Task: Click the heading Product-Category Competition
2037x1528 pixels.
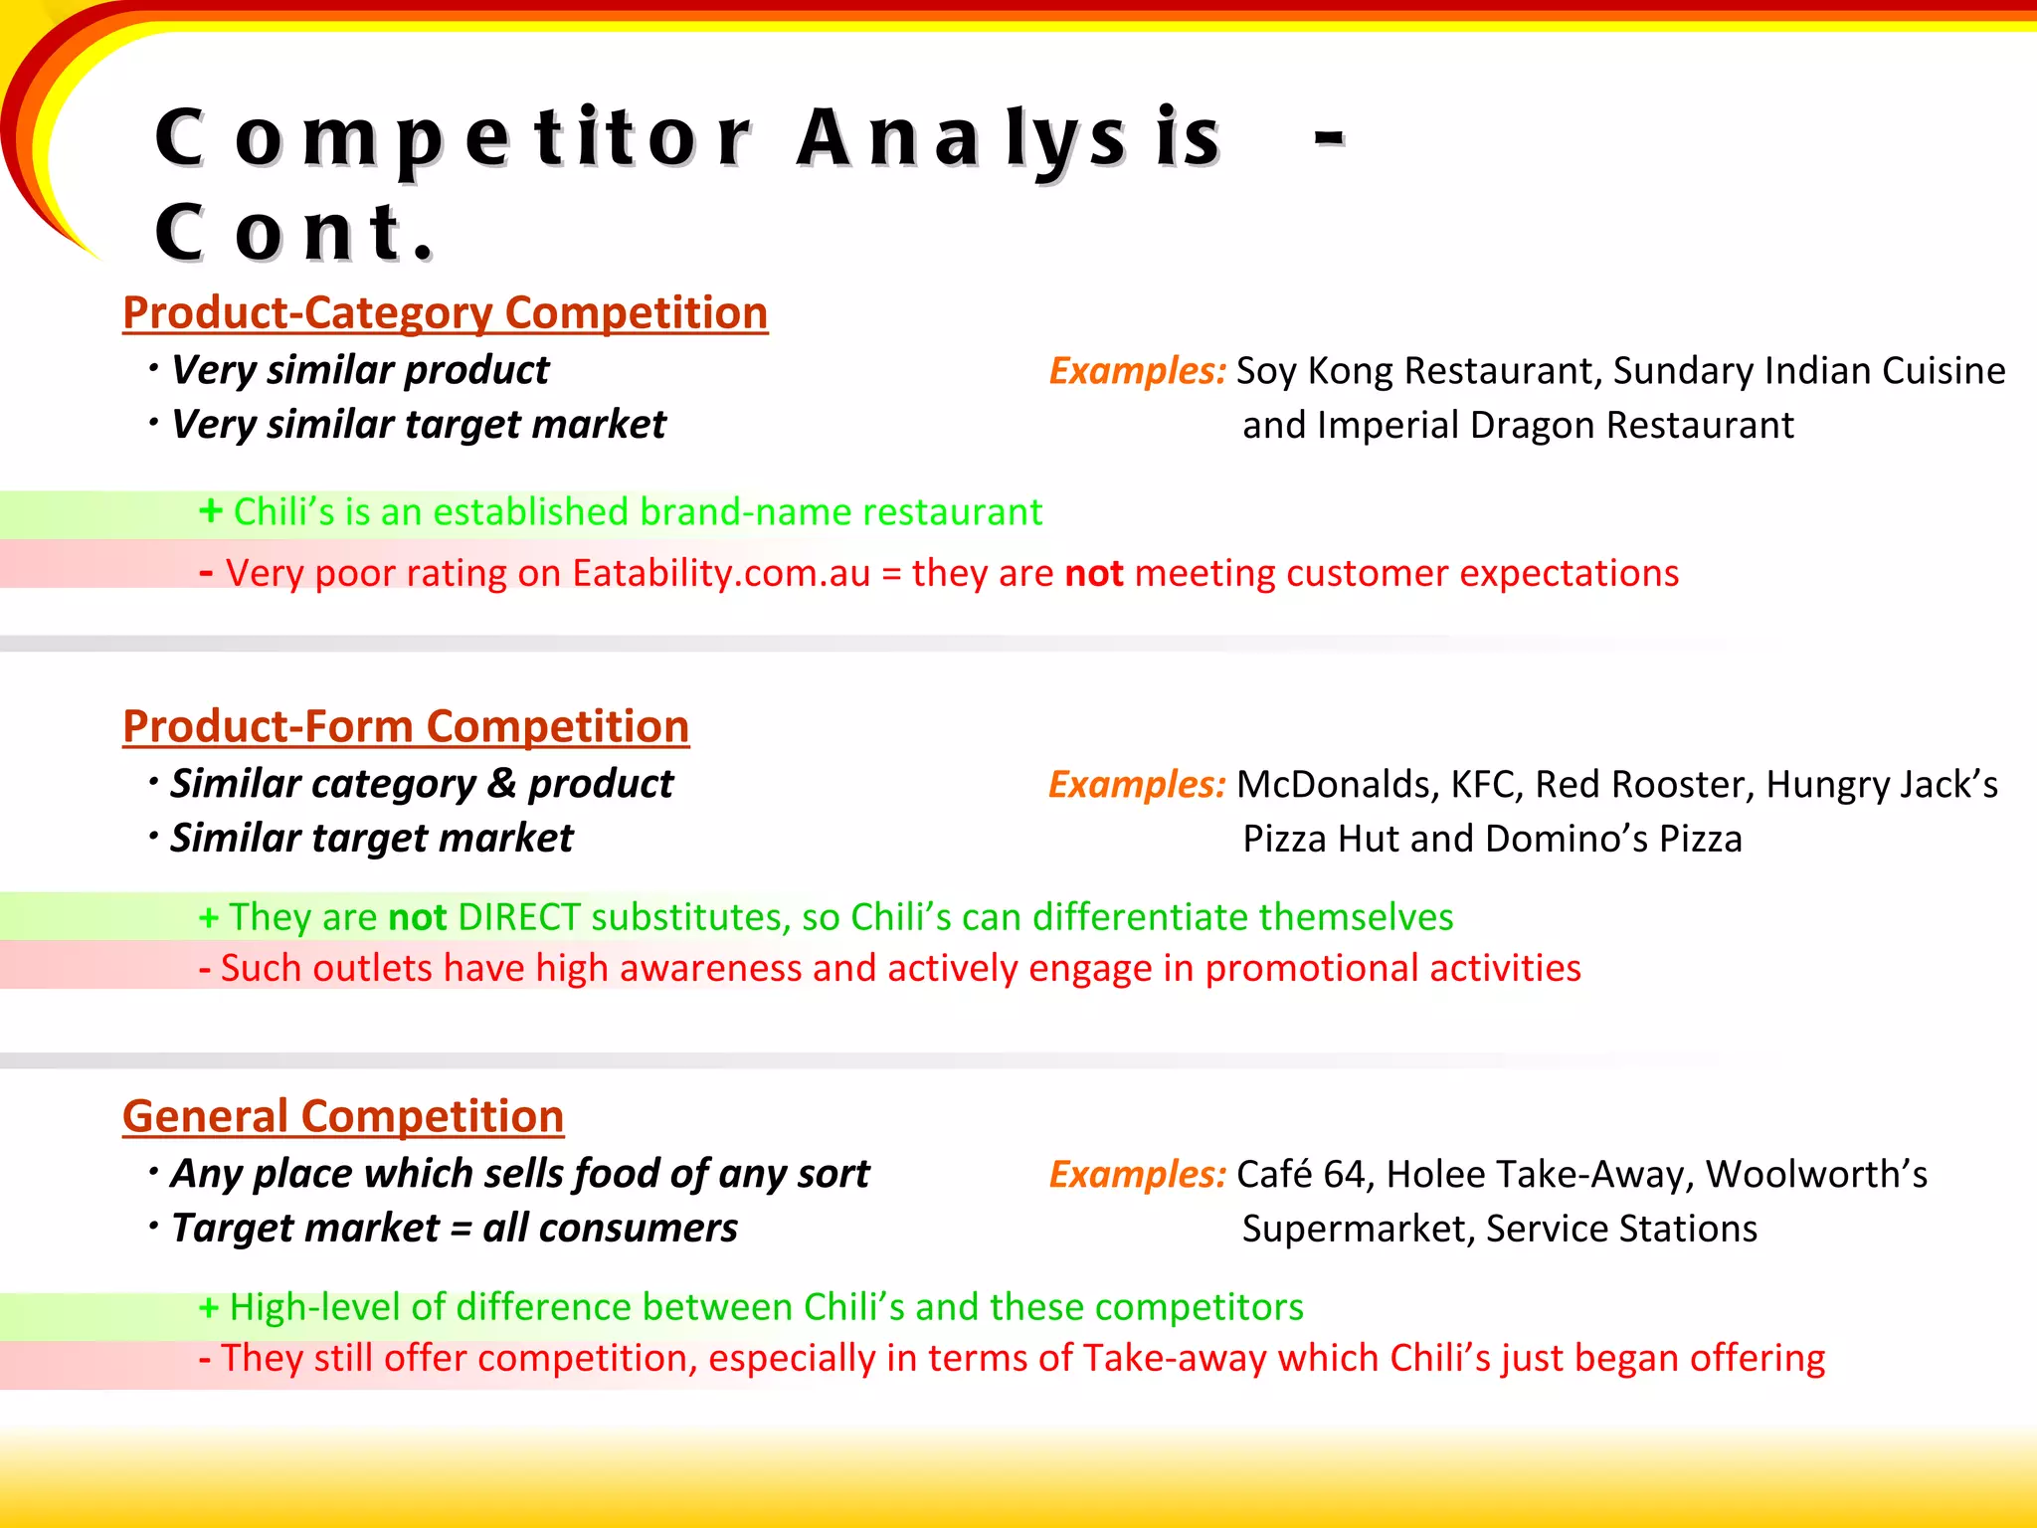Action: tap(445, 313)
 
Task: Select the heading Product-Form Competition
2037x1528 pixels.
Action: tap(406, 727)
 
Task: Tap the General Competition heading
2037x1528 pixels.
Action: tap(343, 1117)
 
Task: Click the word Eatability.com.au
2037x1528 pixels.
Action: tap(721, 574)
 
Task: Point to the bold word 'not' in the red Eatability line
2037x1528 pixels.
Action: tap(1093, 574)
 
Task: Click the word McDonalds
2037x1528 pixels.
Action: tap(1333, 785)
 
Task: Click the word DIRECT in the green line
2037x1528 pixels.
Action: tap(518, 917)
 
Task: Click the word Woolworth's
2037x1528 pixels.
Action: tap(1816, 1175)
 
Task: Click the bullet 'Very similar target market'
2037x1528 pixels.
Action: tap(418, 426)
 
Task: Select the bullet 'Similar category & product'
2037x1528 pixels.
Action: tap(422, 785)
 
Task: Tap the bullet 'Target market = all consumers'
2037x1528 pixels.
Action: tap(455, 1230)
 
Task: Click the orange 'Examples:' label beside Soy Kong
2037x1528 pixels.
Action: tap(1137, 371)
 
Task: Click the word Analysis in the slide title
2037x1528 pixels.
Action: tap(1008, 139)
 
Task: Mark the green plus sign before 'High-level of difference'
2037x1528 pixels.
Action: tap(209, 1307)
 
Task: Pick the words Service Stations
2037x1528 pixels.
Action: tap(1621, 1230)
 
